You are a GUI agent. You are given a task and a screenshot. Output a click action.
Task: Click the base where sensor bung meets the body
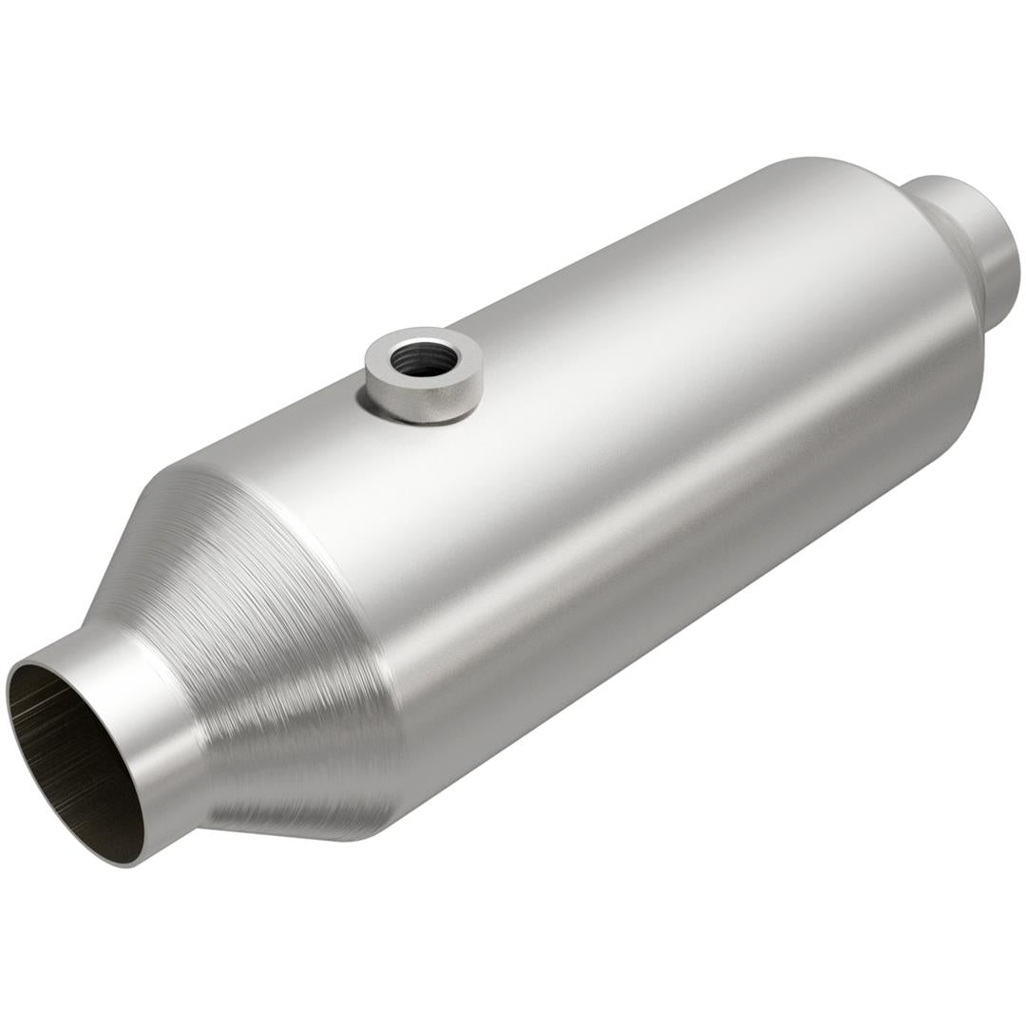(x=418, y=418)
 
